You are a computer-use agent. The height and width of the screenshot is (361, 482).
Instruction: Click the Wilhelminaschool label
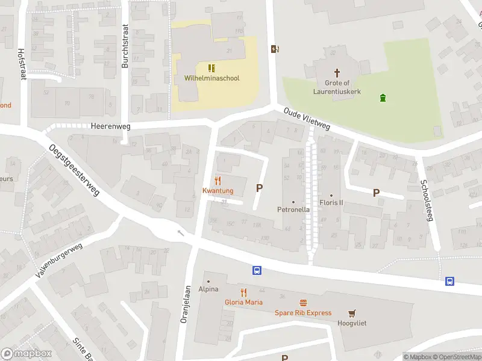pyautogui.click(x=211, y=78)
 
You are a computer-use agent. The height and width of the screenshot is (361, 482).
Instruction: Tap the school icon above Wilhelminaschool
pyautogui.click(x=211, y=68)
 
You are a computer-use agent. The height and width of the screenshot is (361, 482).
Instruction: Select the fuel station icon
pyautogui.click(x=275, y=49)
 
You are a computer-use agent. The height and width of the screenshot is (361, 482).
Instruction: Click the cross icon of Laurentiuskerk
pyautogui.click(x=336, y=72)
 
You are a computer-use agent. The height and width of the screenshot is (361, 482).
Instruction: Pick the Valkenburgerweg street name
pyautogui.click(x=58, y=261)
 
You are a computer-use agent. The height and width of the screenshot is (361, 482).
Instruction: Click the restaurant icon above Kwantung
pyautogui.click(x=218, y=180)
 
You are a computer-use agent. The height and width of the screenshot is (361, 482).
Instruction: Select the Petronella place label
pyautogui.click(x=293, y=210)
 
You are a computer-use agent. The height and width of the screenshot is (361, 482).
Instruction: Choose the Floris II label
pyautogui.click(x=331, y=203)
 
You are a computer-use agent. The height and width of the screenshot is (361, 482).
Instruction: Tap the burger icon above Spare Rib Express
pyautogui.click(x=303, y=303)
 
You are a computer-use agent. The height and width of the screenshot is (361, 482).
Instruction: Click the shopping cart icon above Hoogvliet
pyautogui.click(x=352, y=313)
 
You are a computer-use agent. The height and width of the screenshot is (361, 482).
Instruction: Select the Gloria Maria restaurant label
pyautogui.click(x=243, y=302)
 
